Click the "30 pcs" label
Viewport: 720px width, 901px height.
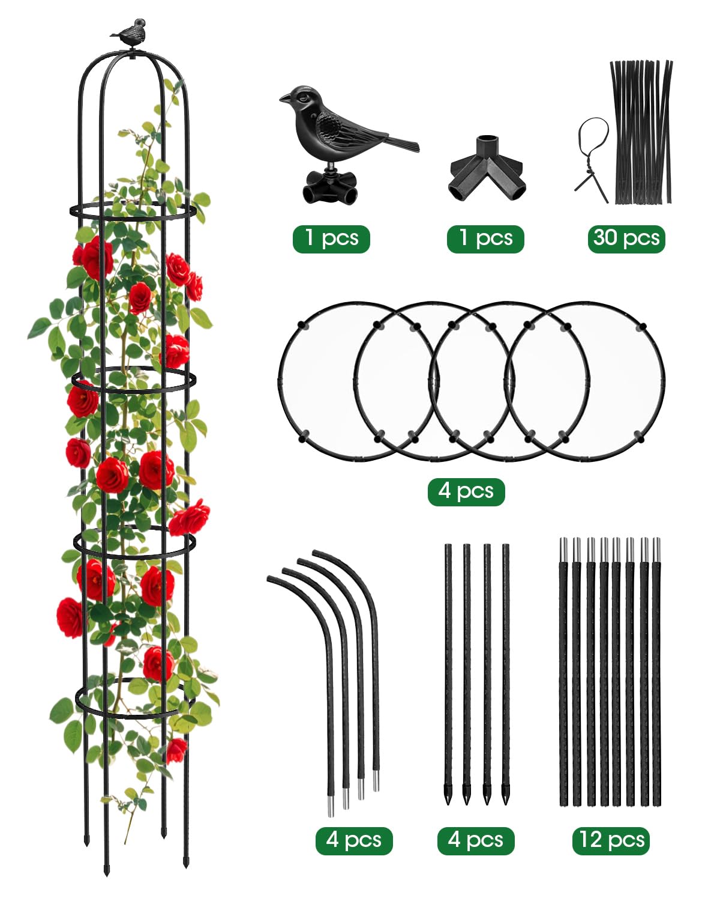point(626,238)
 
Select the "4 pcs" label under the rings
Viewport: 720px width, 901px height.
point(466,491)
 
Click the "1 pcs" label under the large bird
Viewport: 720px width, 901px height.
point(331,238)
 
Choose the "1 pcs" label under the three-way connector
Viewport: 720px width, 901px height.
point(485,238)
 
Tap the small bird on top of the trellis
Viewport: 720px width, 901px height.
point(129,31)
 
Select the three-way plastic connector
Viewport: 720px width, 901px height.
point(487,169)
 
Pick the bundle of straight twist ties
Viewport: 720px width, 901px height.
point(641,132)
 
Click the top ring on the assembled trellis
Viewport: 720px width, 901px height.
point(133,212)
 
